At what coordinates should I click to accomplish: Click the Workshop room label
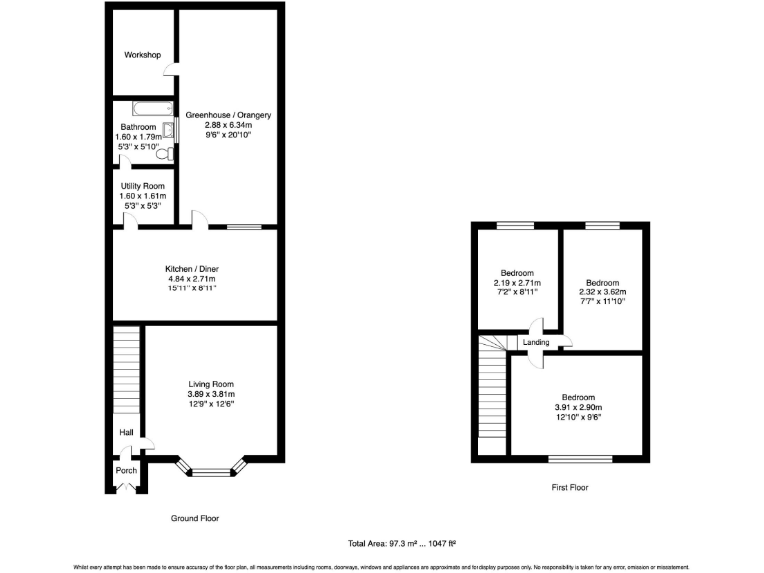click(x=142, y=55)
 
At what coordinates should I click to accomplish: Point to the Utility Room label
click(x=142, y=186)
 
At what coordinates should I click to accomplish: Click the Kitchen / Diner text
click(x=192, y=268)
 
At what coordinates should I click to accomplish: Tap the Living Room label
click(x=211, y=384)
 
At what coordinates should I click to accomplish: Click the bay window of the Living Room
click(x=211, y=469)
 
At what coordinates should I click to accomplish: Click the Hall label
click(x=126, y=433)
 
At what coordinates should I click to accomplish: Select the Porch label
click(x=126, y=470)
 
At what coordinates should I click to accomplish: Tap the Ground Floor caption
click(x=195, y=518)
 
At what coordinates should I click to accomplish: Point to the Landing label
click(x=536, y=344)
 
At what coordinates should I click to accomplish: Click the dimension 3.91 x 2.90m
click(x=578, y=407)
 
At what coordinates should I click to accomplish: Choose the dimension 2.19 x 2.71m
click(x=517, y=283)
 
